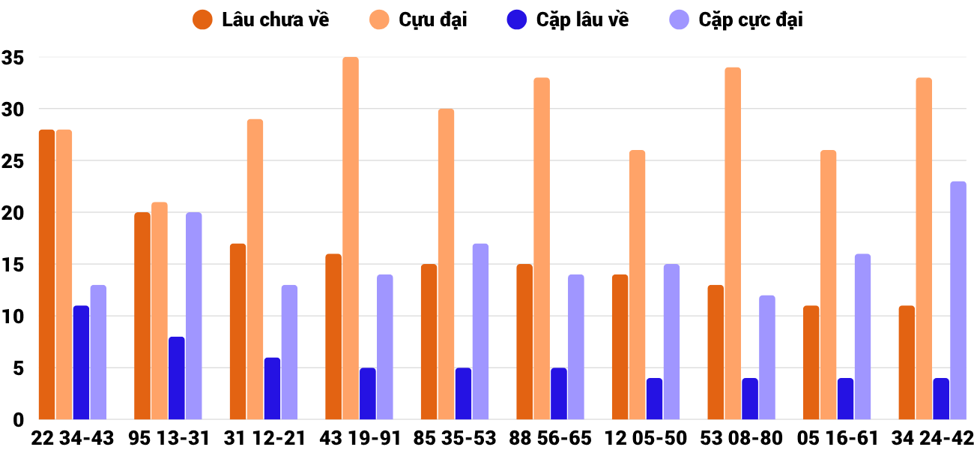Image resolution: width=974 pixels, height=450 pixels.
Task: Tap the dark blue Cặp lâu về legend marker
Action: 518,20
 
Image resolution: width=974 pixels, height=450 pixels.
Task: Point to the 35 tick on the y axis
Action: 13,57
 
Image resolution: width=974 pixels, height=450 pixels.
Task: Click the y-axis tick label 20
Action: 13,213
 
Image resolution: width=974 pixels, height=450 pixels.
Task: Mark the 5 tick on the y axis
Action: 18,368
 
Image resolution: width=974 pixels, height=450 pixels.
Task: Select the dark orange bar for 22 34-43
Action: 46,274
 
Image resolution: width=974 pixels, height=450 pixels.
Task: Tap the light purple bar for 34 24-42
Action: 958,301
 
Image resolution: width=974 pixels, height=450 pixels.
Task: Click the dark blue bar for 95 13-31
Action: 177,378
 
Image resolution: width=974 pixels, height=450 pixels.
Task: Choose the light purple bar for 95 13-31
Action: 194,316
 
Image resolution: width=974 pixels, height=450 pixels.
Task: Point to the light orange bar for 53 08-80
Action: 733,244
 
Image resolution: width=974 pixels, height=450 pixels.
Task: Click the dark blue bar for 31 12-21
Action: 272,388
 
